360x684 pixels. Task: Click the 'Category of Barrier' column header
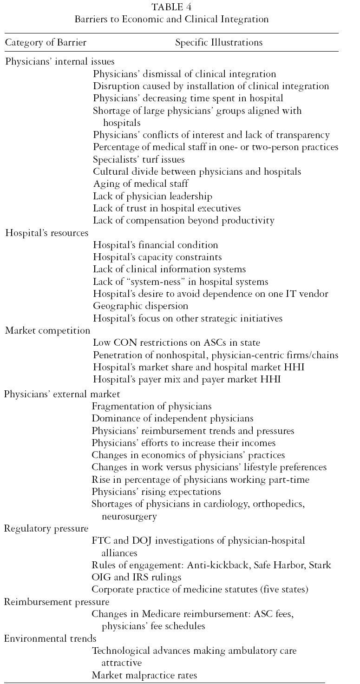(46, 43)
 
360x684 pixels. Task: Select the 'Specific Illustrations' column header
(219, 43)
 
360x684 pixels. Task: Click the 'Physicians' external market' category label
(62, 394)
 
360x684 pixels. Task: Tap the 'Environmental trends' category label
(50, 639)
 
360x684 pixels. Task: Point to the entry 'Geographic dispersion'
(140, 306)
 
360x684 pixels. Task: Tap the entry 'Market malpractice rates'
(144, 675)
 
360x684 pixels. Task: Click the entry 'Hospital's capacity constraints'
(157, 257)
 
